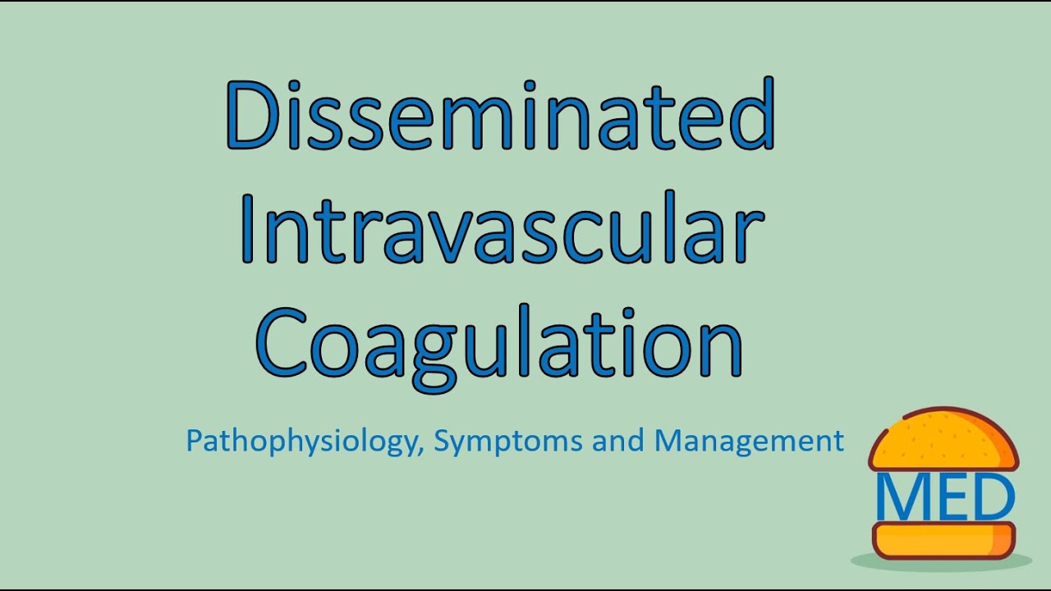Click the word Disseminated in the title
(499, 115)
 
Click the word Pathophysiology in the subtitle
(302, 442)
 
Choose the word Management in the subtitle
(749, 441)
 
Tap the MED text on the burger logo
(945, 496)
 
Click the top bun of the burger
(943, 439)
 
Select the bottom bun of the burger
(943, 541)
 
